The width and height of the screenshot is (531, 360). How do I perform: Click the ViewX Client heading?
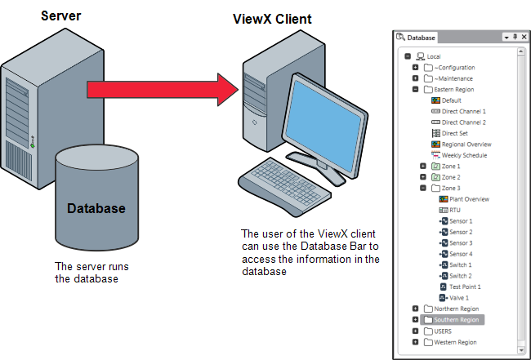coord(267,19)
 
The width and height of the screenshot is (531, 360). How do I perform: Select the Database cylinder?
coord(96,204)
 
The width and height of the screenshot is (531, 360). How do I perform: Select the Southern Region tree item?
coord(457,320)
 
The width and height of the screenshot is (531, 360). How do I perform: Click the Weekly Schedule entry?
coord(463,155)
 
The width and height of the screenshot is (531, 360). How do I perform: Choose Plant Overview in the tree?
coord(469,199)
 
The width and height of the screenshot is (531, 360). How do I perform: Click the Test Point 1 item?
coord(466,287)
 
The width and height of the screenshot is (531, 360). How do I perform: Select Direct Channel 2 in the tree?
coord(469,122)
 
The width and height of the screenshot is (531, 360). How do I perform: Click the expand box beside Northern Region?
coord(416,309)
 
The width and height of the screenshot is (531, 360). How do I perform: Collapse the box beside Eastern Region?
coord(416,89)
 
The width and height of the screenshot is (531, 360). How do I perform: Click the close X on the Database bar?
coord(524,37)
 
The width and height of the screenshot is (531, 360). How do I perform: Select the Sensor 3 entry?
coord(461,243)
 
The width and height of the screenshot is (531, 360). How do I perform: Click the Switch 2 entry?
coord(461,276)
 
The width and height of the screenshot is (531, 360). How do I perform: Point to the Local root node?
coord(433,56)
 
